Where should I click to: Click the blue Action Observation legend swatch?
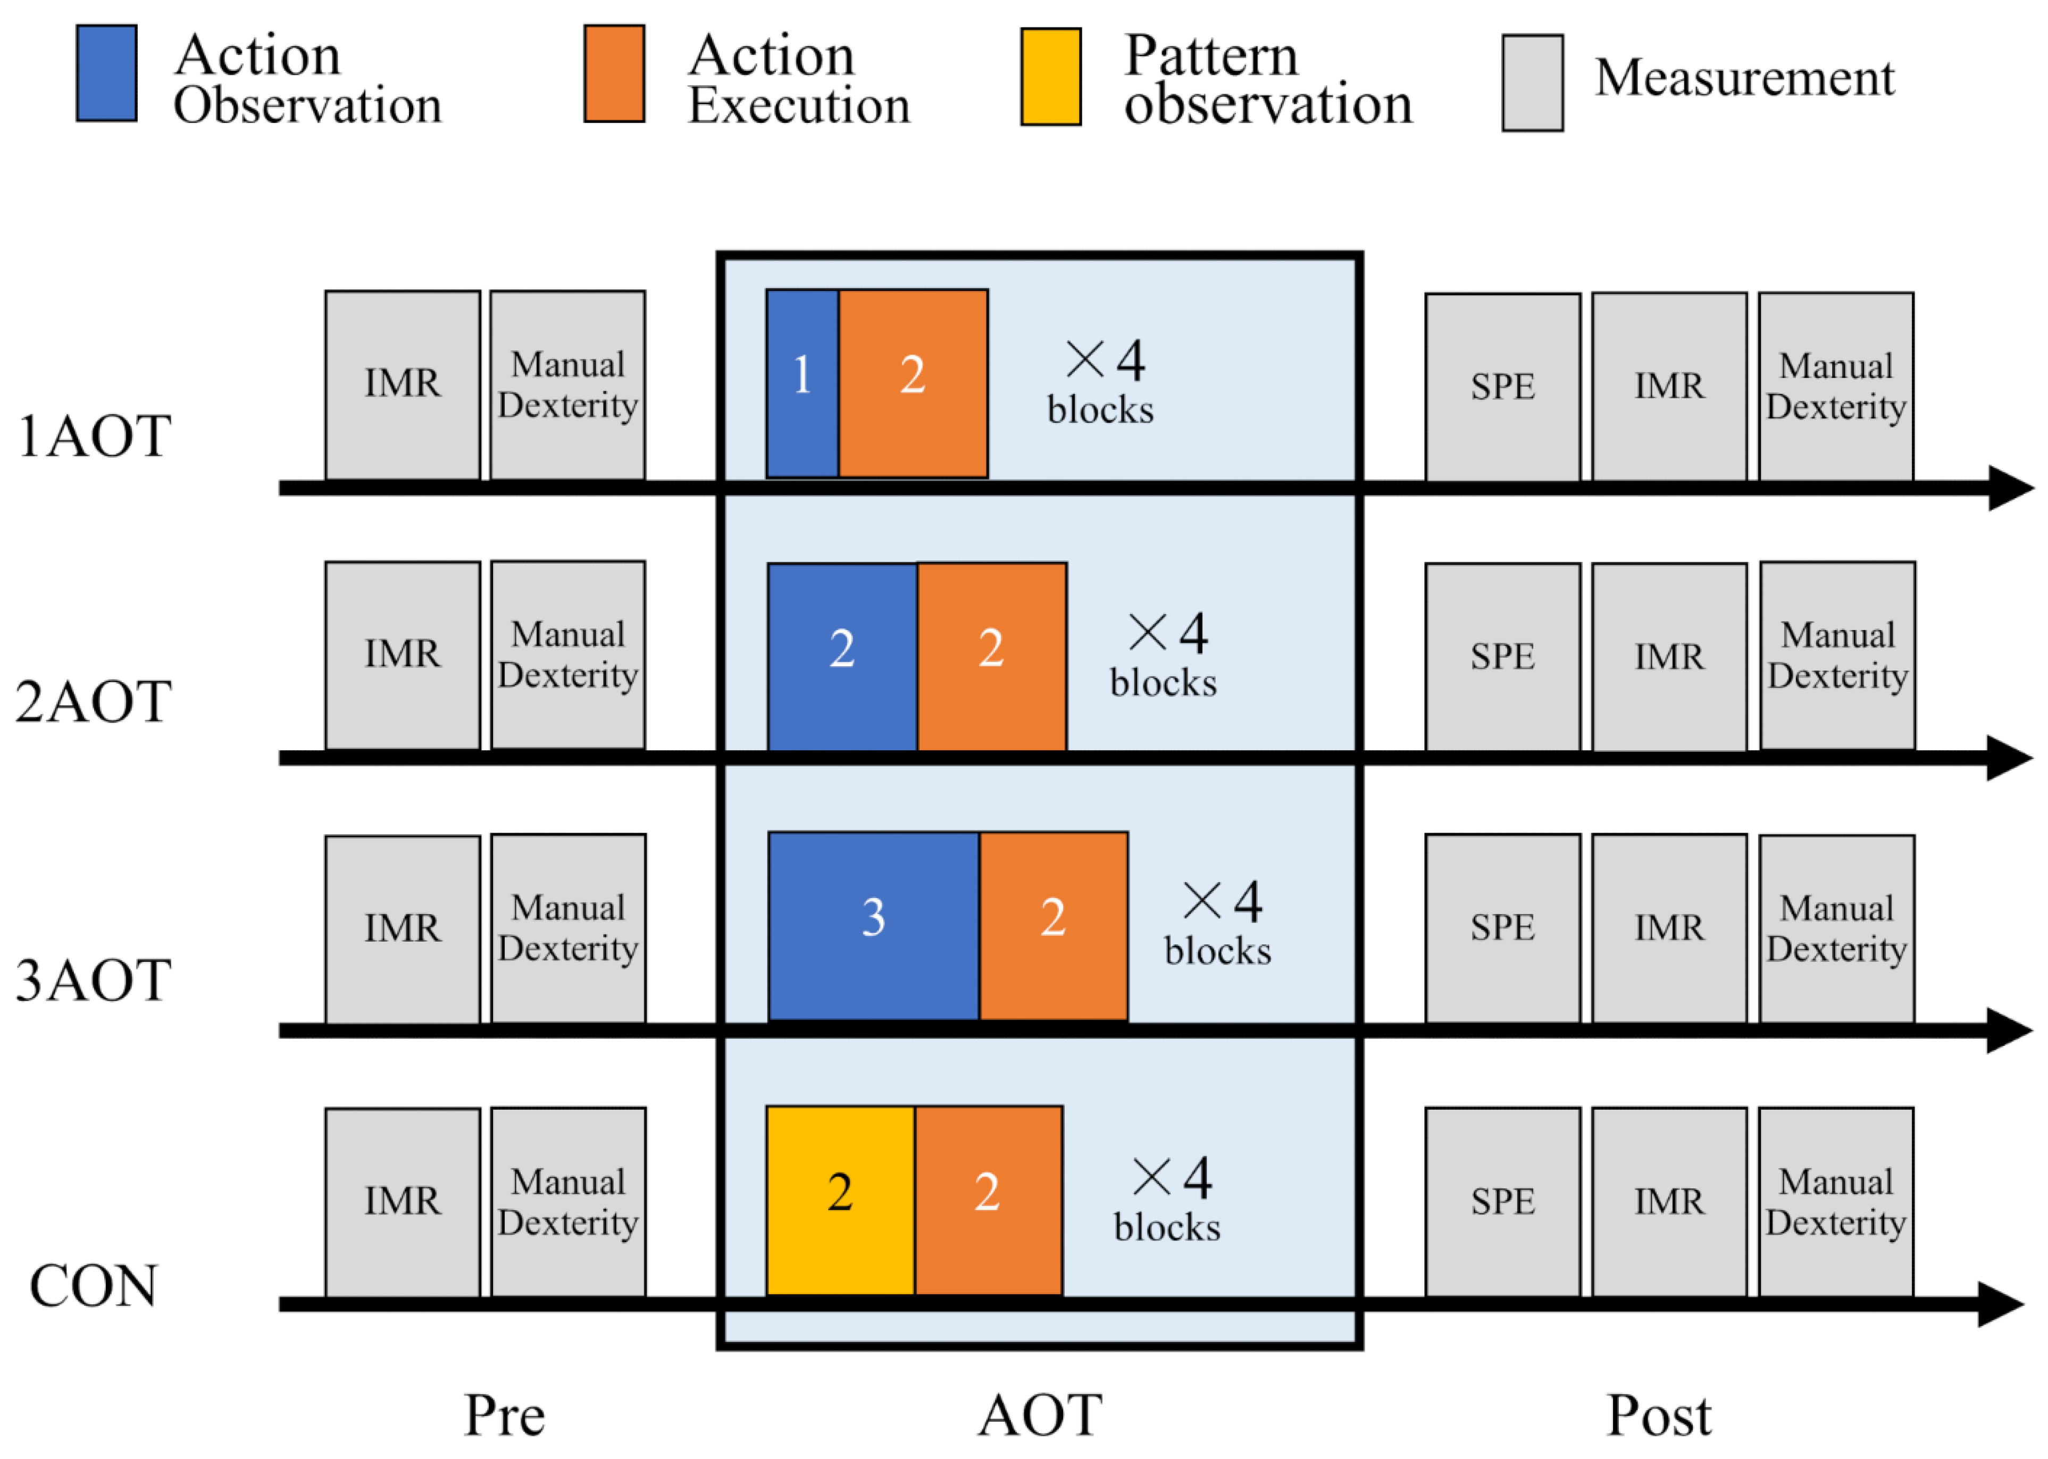coord(106,74)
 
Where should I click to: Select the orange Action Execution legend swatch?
coord(614,74)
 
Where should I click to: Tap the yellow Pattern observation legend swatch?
coord(1050,77)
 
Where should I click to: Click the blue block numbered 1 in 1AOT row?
coord(801,383)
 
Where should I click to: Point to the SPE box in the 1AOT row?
coord(1502,387)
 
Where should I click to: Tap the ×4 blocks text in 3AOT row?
coord(1218,925)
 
